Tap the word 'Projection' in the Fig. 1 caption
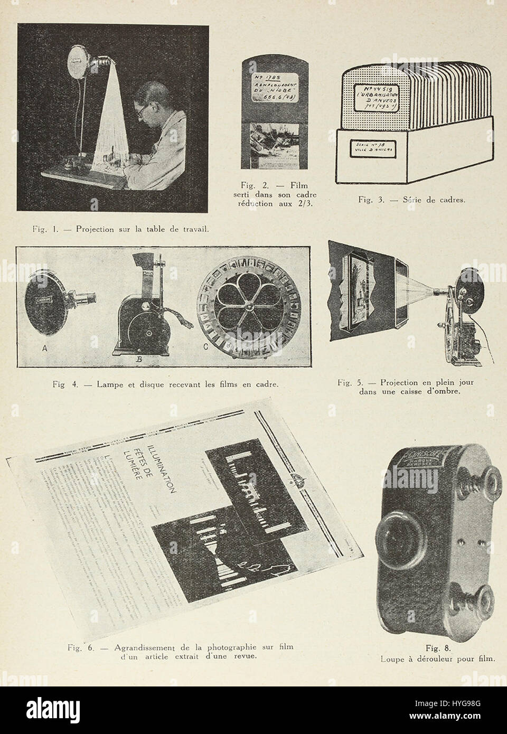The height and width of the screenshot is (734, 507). click(97, 229)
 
